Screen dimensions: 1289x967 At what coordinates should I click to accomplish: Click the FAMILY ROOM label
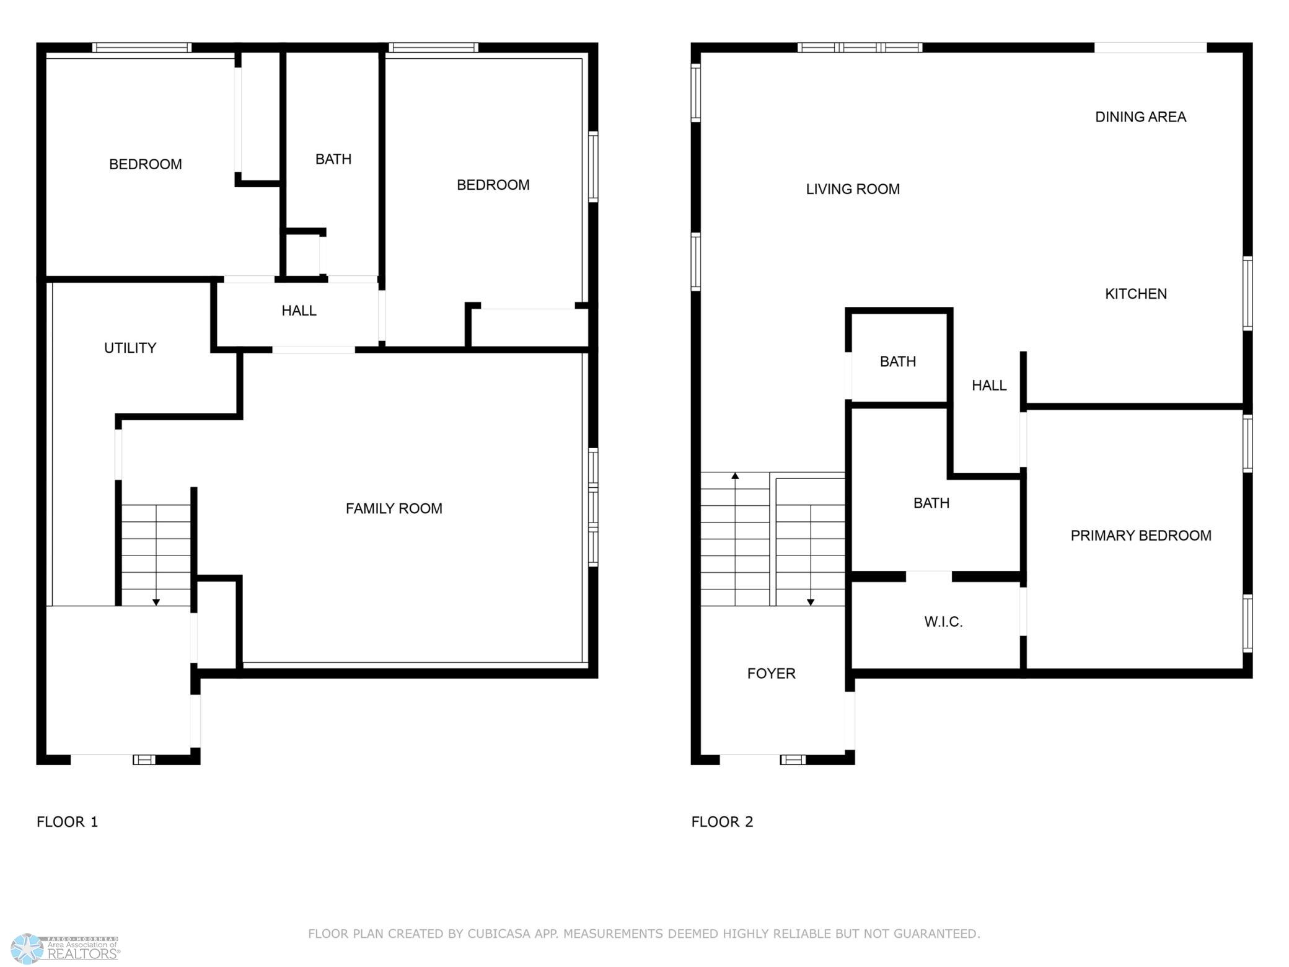[x=394, y=509]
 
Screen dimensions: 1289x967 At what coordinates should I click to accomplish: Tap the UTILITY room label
[x=130, y=348]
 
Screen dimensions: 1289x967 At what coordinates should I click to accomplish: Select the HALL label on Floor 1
[x=299, y=311]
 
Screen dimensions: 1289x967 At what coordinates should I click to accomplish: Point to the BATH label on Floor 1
[x=333, y=159]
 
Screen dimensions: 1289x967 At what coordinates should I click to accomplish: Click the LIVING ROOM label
[x=853, y=189]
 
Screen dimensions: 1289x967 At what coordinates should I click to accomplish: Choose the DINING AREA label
[x=1140, y=117]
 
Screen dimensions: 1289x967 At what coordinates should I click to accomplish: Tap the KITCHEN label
[x=1136, y=294]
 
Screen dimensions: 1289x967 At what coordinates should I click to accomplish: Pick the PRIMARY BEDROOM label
[x=1141, y=536]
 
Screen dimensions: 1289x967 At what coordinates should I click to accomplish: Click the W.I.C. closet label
[x=943, y=622]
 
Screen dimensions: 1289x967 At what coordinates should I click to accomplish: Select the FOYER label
[x=772, y=674]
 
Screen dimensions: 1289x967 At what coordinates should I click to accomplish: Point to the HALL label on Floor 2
[x=989, y=386]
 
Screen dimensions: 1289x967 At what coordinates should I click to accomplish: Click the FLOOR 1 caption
[x=68, y=822]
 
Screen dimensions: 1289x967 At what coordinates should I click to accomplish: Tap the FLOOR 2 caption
[x=723, y=822]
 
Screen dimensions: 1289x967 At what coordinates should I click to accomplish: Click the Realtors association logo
[x=66, y=949]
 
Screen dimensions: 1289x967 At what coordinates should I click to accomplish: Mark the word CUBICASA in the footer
[x=494, y=934]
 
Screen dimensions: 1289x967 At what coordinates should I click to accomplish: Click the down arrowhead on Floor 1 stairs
[x=156, y=602]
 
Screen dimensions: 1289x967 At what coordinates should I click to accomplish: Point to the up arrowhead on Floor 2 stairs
[x=735, y=476]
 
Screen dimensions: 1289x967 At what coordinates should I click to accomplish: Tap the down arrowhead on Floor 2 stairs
[x=811, y=602]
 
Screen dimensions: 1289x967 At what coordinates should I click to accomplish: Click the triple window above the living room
[x=860, y=48]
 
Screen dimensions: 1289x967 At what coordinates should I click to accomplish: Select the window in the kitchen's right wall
[x=1248, y=293]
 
